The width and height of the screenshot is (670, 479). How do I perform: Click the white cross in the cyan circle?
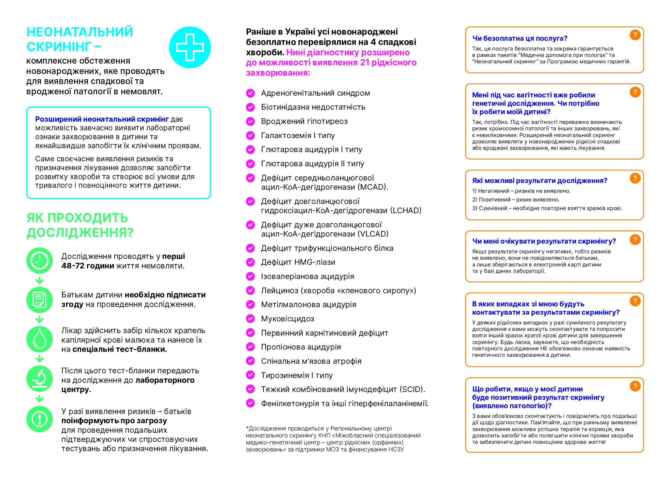190,47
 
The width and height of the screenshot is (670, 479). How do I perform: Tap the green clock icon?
40,261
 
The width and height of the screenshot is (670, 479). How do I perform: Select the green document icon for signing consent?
40,300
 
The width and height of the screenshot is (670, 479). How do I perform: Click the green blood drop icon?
40,339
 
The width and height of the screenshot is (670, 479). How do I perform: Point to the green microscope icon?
40,379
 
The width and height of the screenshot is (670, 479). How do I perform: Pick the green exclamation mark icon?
40,419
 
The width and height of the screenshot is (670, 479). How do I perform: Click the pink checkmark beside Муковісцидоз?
250,319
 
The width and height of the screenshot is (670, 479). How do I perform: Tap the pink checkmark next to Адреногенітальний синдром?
250,93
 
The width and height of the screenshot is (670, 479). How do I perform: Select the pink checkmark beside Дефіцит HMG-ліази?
250,262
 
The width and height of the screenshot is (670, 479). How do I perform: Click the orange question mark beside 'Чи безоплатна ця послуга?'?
635,35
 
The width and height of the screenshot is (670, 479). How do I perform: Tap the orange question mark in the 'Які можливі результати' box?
635,178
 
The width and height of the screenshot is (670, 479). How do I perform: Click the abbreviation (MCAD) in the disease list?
373,187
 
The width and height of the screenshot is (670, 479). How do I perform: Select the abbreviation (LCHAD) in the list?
406,211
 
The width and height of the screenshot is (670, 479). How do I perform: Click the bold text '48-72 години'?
88,266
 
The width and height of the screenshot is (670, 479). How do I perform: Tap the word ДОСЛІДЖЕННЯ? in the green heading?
80,232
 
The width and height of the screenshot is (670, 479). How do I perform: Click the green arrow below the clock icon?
40,280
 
